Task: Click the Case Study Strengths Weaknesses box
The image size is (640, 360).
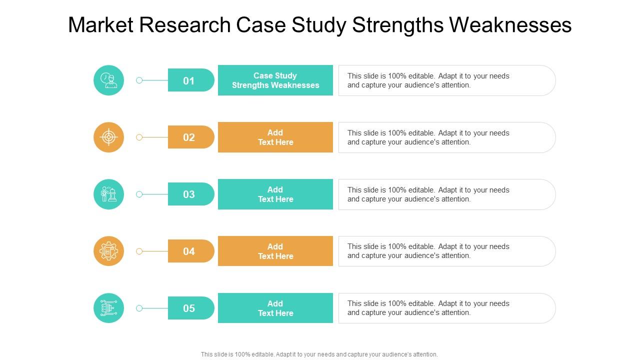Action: pyautogui.click(x=275, y=80)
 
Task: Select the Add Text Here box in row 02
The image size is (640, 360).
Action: pyautogui.click(x=275, y=137)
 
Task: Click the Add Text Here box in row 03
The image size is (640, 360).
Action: pyautogui.click(x=275, y=194)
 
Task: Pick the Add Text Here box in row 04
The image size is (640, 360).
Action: pyautogui.click(x=275, y=251)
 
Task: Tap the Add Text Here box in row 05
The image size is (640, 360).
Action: pyautogui.click(x=275, y=308)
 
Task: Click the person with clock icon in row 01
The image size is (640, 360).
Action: pyautogui.click(x=108, y=80)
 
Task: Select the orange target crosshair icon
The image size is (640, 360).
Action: pyautogui.click(x=108, y=137)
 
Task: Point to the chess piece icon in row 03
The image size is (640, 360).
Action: pyautogui.click(x=108, y=194)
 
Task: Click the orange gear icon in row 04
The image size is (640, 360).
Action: pyautogui.click(x=108, y=251)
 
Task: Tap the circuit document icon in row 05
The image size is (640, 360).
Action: pyautogui.click(x=108, y=308)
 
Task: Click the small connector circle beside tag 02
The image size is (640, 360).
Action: pyautogui.click(x=139, y=137)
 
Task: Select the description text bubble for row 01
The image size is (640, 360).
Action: pyautogui.click(x=446, y=80)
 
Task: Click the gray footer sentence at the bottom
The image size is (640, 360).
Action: pyautogui.click(x=319, y=354)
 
